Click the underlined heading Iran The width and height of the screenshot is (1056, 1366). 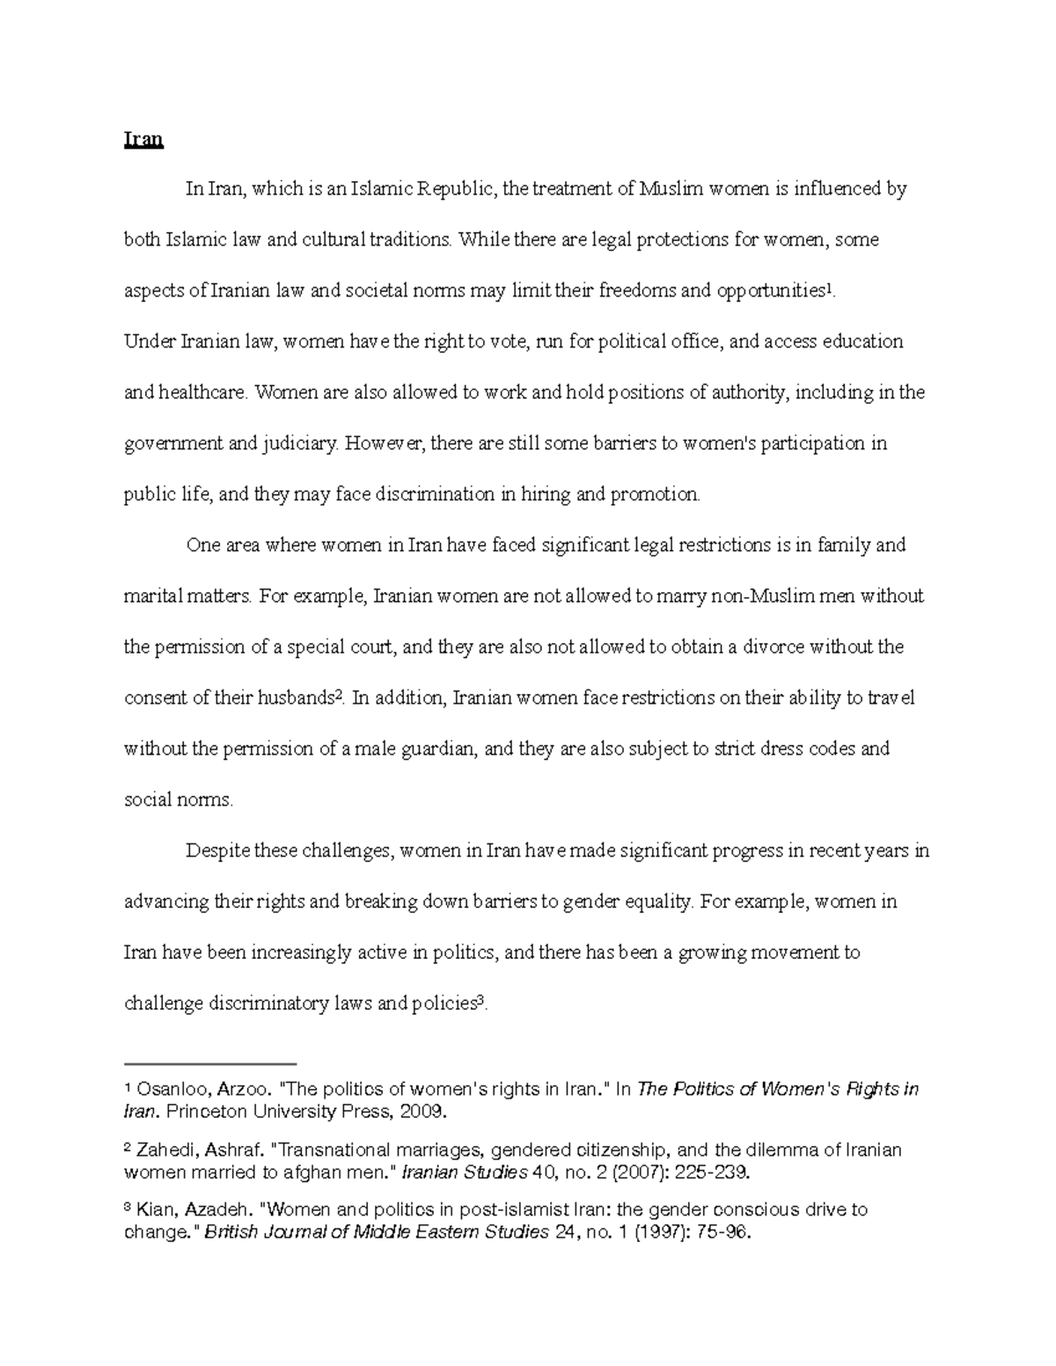pyautogui.click(x=143, y=139)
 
